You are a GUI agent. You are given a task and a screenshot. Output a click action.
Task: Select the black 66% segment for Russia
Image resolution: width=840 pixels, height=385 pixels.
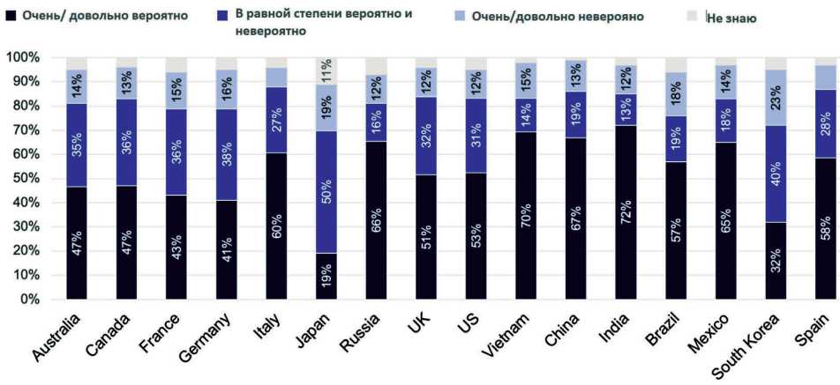click(x=377, y=219)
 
